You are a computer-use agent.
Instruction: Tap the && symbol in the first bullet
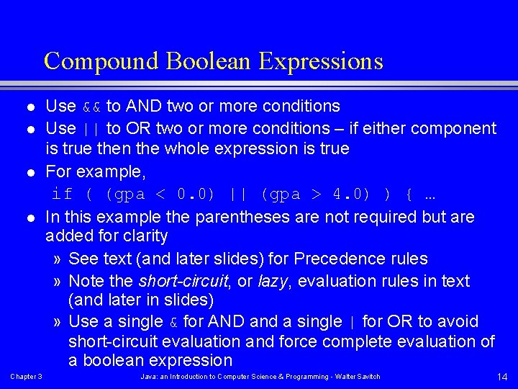click(x=91, y=107)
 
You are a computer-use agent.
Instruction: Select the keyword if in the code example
click(x=63, y=194)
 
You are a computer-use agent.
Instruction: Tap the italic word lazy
click(x=272, y=281)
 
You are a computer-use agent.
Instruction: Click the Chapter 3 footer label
click(x=26, y=377)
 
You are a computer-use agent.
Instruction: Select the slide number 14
click(x=502, y=377)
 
